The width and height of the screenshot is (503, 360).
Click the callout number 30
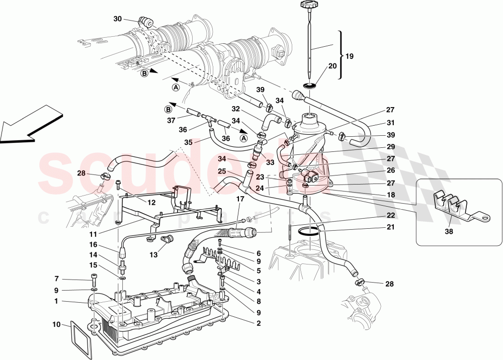tap(118, 19)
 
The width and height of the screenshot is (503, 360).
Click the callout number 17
tap(240, 199)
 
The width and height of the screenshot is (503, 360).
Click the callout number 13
tap(154, 255)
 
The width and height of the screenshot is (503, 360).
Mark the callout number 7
tap(57, 279)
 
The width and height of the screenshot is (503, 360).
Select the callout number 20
tap(332, 66)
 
